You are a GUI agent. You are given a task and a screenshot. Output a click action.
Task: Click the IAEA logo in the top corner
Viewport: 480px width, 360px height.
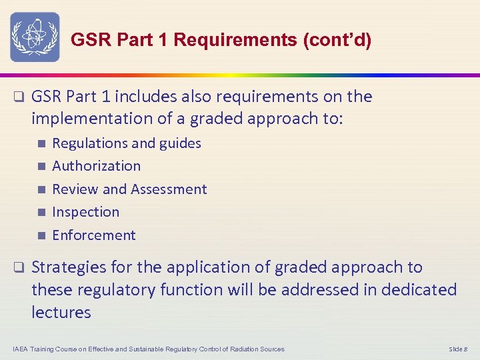(35, 37)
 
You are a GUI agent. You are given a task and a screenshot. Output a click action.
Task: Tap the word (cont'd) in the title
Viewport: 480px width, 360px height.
(337, 40)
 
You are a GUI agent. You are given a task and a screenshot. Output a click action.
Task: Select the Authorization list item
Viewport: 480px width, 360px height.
(96, 166)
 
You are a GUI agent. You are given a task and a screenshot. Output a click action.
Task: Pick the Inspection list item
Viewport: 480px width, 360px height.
(85, 212)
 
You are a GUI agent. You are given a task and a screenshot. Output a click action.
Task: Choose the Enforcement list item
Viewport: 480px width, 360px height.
(93, 235)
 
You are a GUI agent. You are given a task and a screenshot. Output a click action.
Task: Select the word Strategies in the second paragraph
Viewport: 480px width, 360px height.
(69, 267)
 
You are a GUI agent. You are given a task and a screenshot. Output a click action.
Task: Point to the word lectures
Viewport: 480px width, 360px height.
(61, 312)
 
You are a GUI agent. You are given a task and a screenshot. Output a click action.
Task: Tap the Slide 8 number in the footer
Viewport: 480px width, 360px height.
(459, 349)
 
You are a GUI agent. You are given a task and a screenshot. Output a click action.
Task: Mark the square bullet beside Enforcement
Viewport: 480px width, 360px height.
(41, 235)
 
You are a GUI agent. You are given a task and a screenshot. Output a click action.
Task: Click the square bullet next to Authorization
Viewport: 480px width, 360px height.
(41, 166)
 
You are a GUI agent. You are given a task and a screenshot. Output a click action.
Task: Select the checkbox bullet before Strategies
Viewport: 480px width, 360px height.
(19, 268)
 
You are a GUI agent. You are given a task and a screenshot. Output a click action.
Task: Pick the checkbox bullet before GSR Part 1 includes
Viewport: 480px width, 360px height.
(19, 97)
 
